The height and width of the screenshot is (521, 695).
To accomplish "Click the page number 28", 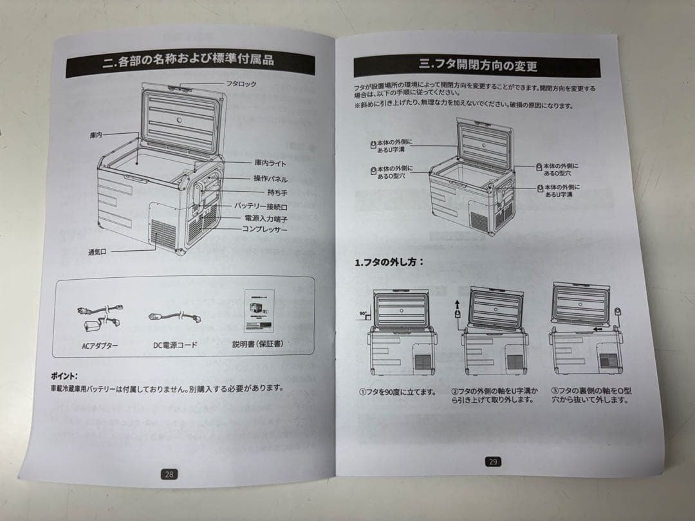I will [x=169, y=474].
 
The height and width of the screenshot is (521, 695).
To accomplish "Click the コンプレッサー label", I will [x=264, y=229].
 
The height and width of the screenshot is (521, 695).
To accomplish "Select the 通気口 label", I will [x=98, y=251].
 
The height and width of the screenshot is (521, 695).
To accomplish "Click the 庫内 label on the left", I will [x=97, y=134].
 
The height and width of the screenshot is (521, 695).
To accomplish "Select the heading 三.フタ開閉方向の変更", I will [x=477, y=65].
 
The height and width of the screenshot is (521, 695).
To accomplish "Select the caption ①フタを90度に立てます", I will [x=397, y=391].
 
